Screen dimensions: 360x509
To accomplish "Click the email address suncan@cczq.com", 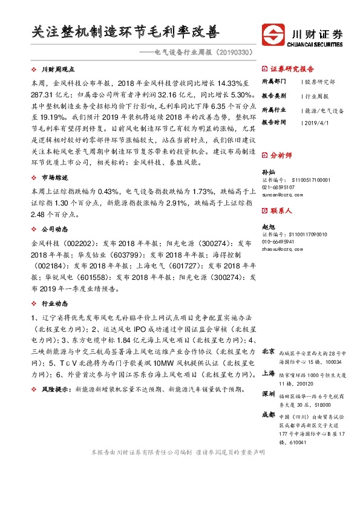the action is tap(279, 195).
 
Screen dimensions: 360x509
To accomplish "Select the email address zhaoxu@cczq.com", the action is tap(280, 248).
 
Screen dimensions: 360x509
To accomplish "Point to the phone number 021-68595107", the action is tap(279, 187).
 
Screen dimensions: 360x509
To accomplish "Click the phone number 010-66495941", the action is tap(279, 241).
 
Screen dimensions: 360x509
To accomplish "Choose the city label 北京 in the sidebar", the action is tap(268, 351).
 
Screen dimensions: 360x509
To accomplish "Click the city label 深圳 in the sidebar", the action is tap(268, 394).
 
